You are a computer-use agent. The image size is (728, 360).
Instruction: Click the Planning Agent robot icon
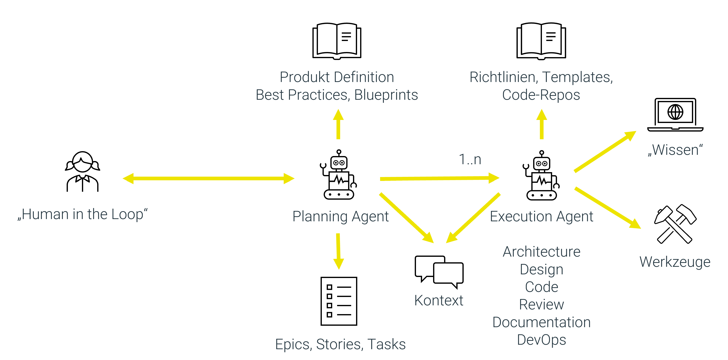coord(339,175)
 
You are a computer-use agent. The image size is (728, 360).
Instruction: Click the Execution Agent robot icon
coord(541,176)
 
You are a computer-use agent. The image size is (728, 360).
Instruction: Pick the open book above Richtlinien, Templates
coord(541,41)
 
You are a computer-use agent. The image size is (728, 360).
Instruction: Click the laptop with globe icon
coord(675,115)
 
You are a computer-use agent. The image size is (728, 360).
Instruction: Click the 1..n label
coord(470,160)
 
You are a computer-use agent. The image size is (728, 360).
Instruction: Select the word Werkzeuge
coord(675,262)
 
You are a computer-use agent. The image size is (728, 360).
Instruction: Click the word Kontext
coord(439,300)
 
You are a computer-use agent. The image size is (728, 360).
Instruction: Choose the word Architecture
coord(541,252)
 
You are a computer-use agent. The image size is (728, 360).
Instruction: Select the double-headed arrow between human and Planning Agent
coord(208,178)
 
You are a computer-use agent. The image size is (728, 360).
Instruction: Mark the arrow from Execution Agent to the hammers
coord(608,208)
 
